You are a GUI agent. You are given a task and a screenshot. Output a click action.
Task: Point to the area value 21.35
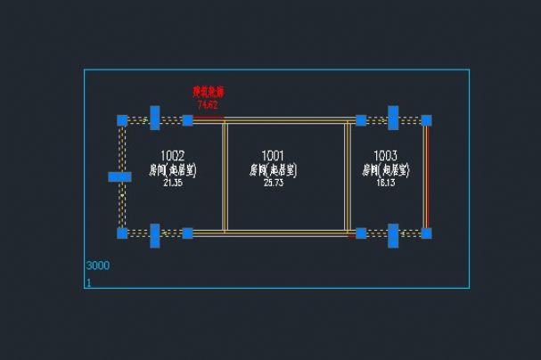click(173, 183)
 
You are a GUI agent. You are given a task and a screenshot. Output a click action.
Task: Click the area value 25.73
click(273, 183)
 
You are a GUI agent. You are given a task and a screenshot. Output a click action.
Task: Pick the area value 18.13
click(386, 183)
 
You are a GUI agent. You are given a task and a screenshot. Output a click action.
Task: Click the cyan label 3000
click(97, 266)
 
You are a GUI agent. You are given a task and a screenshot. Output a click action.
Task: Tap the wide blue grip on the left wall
click(119, 176)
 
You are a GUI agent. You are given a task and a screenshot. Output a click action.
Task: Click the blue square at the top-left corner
click(122, 120)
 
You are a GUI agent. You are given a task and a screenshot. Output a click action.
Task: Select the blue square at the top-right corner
click(426, 120)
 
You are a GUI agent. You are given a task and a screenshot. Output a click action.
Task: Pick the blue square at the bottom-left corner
click(122, 233)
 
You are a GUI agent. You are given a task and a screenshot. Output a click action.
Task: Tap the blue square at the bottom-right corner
click(426, 233)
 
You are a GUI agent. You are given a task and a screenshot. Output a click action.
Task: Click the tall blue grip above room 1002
click(155, 118)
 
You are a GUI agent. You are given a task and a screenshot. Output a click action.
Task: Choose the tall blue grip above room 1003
click(393, 118)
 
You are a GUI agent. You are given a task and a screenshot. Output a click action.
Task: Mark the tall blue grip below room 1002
click(155, 235)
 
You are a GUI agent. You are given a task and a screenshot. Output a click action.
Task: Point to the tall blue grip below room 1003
click(393, 235)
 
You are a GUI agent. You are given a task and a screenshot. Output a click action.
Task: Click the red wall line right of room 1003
click(426, 176)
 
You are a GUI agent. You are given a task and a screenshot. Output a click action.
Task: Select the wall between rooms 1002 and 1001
click(225, 176)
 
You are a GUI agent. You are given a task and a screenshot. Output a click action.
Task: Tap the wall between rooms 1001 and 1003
click(348, 176)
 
